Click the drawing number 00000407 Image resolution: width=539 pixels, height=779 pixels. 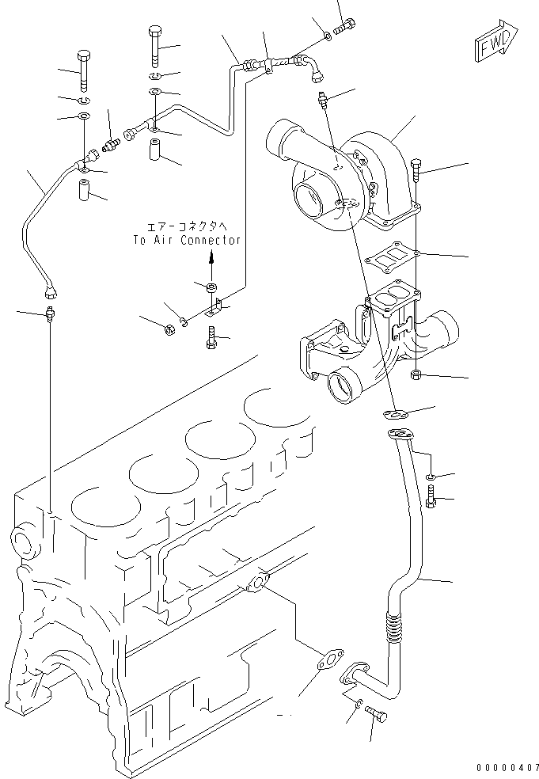coord(507,767)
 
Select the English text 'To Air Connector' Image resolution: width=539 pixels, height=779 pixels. coord(186,240)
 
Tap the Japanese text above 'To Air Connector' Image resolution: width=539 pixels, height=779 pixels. coord(186,226)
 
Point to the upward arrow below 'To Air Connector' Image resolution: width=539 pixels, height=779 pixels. coord(211,259)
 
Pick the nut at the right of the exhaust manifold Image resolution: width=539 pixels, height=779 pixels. coord(418,374)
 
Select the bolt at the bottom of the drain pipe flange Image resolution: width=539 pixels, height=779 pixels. coord(378,716)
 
